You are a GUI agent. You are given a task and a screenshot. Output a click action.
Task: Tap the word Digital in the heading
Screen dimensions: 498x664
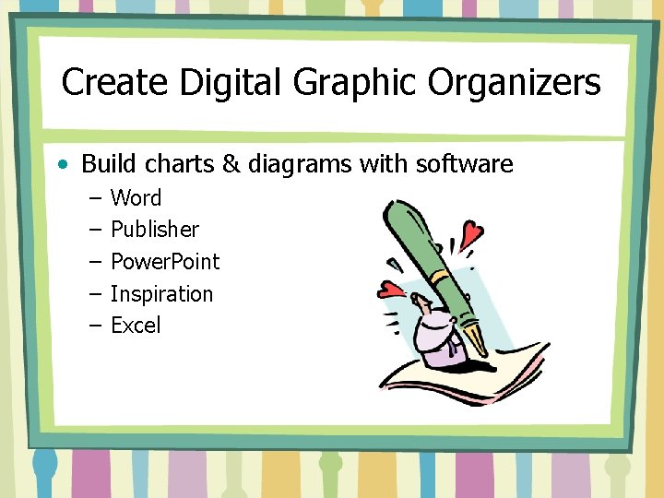pyautogui.click(x=231, y=83)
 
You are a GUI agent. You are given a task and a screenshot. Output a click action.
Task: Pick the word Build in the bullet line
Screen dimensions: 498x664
pyautogui.click(x=105, y=164)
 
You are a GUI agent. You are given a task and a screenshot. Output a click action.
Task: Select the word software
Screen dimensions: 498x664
pyautogui.click(x=464, y=164)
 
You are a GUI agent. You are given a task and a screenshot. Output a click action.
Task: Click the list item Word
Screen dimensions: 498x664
pyautogui.click(x=136, y=197)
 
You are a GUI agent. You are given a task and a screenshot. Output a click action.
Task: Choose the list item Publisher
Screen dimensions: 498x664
pyautogui.click(x=154, y=230)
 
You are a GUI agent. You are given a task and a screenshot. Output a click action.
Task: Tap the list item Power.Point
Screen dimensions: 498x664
pyautogui.click(x=165, y=261)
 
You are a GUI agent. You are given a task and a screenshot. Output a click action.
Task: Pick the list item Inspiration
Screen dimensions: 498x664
pyautogui.click(x=161, y=294)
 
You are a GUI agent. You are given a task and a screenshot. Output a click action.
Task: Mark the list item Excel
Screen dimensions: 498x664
pyautogui.click(x=136, y=325)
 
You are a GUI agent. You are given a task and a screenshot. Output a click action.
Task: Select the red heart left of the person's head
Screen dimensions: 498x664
pyautogui.click(x=392, y=290)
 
